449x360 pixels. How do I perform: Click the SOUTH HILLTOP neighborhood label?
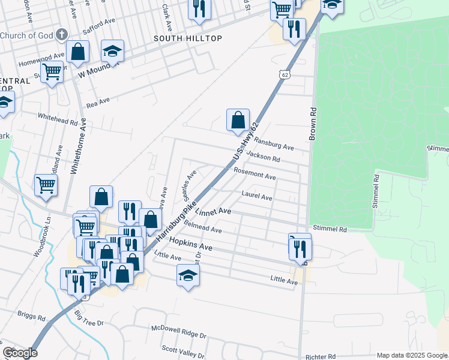(x=188, y=38)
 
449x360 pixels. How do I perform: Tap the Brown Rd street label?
(x=313, y=124)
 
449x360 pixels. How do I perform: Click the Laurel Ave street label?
(x=257, y=196)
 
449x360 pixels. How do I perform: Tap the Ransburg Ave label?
(x=274, y=143)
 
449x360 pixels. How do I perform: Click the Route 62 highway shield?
(x=285, y=74)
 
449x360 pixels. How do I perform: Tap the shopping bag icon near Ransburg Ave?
(x=238, y=119)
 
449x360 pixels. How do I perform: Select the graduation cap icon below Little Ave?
(x=188, y=276)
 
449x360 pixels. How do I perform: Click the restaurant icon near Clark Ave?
(x=200, y=9)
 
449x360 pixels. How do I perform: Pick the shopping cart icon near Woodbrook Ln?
(x=46, y=185)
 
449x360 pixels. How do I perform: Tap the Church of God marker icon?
(x=61, y=35)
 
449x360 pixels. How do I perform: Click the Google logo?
(x=20, y=353)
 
